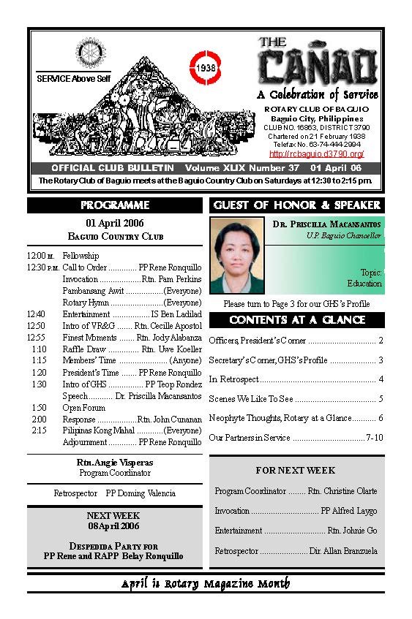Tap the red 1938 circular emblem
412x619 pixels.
click(x=205, y=67)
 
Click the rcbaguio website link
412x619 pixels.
click(x=317, y=154)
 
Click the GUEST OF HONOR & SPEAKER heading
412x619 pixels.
click(x=297, y=205)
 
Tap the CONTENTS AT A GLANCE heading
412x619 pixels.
click(x=297, y=320)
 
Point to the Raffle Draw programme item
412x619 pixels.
click(x=80, y=349)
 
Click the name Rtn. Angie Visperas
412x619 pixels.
click(x=114, y=463)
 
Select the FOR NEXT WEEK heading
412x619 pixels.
click(x=296, y=471)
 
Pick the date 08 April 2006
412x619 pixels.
click(x=113, y=526)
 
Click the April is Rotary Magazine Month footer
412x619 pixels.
click(x=206, y=583)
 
